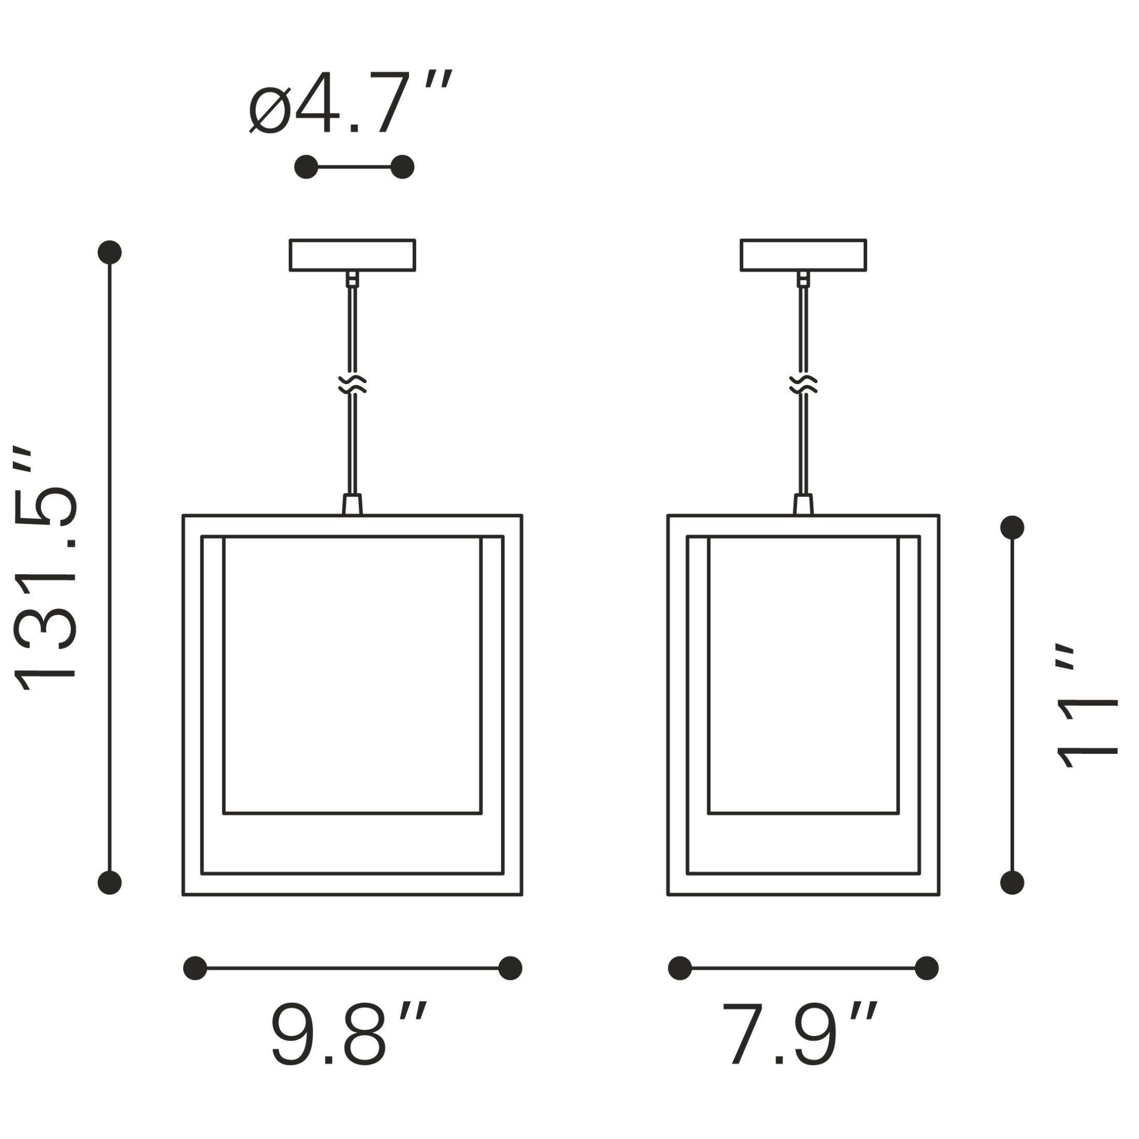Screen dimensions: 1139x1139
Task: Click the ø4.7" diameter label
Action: click(x=350, y=102)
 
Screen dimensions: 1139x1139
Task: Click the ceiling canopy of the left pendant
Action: click(x=353, y=255)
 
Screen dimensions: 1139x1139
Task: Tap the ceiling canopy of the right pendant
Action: click(x=803, y=255)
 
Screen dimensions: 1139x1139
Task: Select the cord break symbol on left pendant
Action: click(x=353, y=384)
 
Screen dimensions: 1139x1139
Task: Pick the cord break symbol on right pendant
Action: click(x=803, y=384)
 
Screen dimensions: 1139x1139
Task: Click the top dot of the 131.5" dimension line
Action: click(x=110, y=252)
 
